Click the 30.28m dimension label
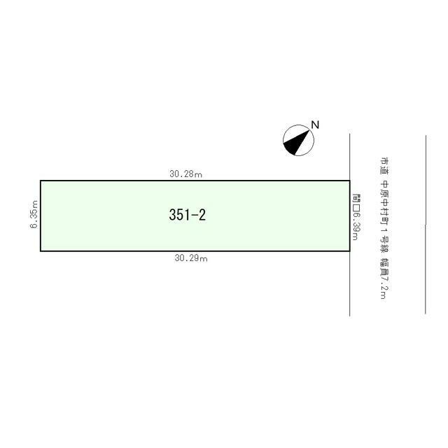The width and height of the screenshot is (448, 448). tap(185, 174)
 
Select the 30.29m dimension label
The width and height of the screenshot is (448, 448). tap(191, 258)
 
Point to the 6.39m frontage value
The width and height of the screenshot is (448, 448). tap(356, 226)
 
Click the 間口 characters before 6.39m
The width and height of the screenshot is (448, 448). tap(356, 203)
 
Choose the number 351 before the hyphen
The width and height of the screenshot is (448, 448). tap(179, 215)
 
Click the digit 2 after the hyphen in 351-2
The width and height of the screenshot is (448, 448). tap(202, 215)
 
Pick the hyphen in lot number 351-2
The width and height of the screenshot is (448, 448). tap(194, 215)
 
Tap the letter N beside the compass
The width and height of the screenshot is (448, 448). tap(315, 125)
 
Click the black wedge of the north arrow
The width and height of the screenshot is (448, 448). tap(294, 143)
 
